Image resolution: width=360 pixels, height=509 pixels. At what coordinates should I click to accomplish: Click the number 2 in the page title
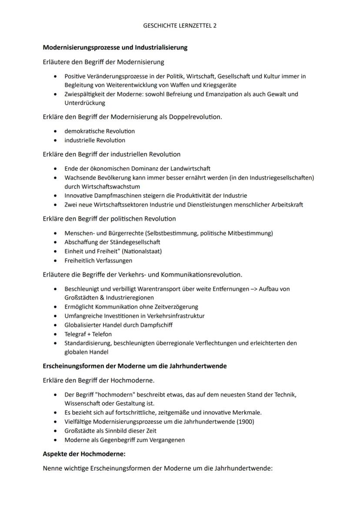coord(214,26)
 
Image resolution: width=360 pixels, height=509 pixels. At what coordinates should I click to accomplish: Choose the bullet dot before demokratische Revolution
coord(55,131)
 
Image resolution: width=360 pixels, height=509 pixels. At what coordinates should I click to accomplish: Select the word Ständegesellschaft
coord(130,242)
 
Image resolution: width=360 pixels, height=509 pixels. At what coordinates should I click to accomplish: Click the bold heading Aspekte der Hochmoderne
coord(84,454)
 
